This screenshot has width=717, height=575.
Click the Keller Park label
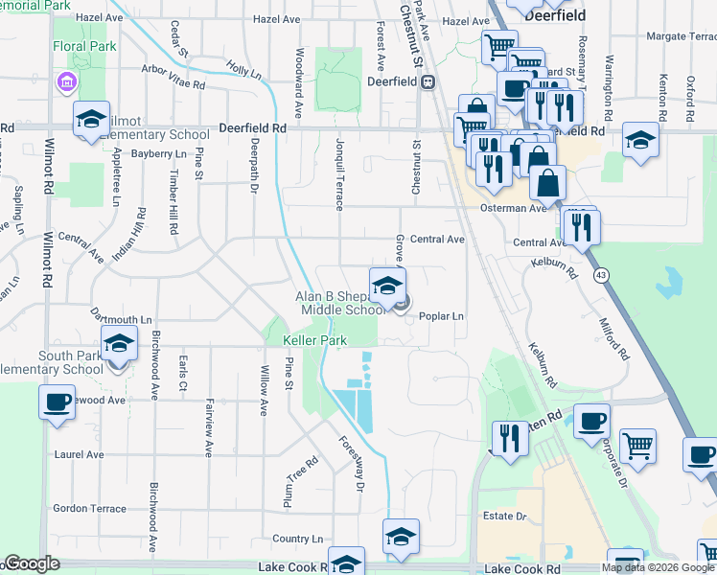coord(314,340)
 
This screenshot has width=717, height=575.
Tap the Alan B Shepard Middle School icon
coord(387,287)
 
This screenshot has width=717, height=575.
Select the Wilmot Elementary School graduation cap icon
coord(91,119)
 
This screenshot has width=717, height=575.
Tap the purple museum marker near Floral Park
coord(66,82)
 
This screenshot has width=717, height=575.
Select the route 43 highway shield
coord(600,276)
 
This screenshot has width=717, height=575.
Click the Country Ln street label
coord(298,540)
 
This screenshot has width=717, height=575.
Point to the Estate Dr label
coord(508,517)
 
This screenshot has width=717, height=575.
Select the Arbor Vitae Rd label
coord(173,84)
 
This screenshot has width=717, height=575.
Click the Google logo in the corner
coord(32,563)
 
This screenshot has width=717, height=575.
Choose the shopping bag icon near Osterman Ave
coord(546,181)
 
